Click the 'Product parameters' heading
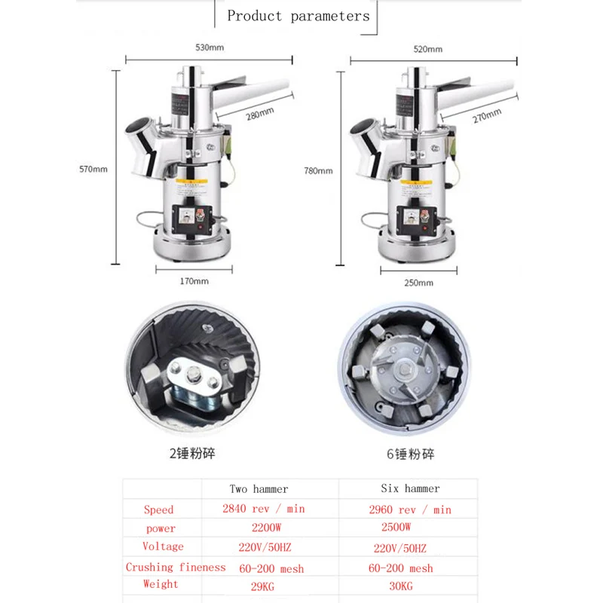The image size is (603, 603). pos(298,16)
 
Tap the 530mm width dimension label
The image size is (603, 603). pos(211,47)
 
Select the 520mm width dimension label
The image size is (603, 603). pos(428,49)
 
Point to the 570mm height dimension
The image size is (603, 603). pos(94,169)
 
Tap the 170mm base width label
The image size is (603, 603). pos(194,281)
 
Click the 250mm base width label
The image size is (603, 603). pos(418,283)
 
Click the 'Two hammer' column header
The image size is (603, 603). pos(259,489)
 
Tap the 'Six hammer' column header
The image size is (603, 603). pos(410,489)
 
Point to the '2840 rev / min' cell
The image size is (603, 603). pos(263,509)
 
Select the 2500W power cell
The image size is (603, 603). pos(396,527)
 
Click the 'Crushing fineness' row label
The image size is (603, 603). pos(176,567)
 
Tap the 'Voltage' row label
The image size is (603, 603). pos(162,546)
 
